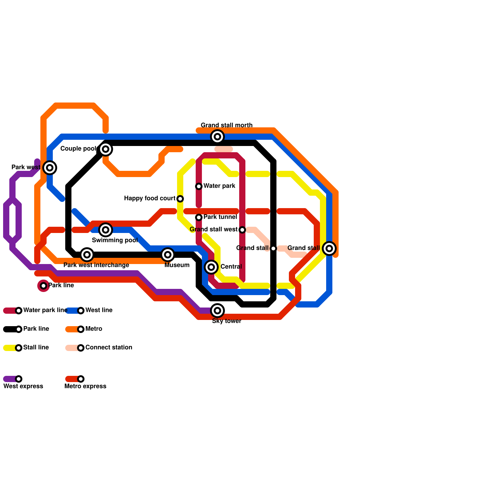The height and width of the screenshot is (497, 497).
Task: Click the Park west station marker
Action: pyautogui.click(x=50, y=168)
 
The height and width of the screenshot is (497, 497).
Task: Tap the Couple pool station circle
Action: pyautogui.click(x=106, y=149)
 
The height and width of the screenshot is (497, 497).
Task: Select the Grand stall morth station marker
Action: pyautogui.click(x=217, y=137)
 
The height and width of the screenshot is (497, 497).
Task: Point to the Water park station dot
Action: pyautogui.click(x=199, y=186)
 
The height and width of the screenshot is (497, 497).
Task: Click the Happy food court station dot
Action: pyautogui.click(x=180, y=199)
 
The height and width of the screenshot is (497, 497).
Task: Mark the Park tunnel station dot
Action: pyautogui.click(x=199, y=217)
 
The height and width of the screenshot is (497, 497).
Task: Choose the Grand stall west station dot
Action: pyautogui.click(x=242, y=230)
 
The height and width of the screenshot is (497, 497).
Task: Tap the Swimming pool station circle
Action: pyautogui.click(x=106, y=230)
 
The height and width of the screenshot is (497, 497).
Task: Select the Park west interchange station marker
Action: pyautogui.click(x=87, y=255)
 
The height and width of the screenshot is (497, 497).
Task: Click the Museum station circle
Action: pyautogui.click(x=168, y=255)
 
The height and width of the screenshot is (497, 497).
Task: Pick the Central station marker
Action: pyautogui.click(x=211, y=267)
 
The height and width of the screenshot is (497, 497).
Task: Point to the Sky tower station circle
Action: pyautogui.click(x=217, y=311)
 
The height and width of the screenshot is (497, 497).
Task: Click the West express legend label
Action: pyautogui.click(x=23, y=386)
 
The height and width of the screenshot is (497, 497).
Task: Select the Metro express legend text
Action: pyautogui.click(x=85, y=386)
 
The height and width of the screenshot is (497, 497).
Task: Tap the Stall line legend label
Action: pyautogui.click(x=36, y=348)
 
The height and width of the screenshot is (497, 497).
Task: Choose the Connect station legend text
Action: pyautogui.click(x=109, y=348)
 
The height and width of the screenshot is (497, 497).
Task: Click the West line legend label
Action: pyautogui.click(x=99, y=310)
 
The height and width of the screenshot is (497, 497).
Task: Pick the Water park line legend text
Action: pyautogui.click(x=45, y=310)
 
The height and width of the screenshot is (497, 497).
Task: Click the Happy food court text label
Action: pyautogui.click(x=150, y=198)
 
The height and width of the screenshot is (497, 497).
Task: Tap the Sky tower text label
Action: pyautogui.click(x=227, y=321)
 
